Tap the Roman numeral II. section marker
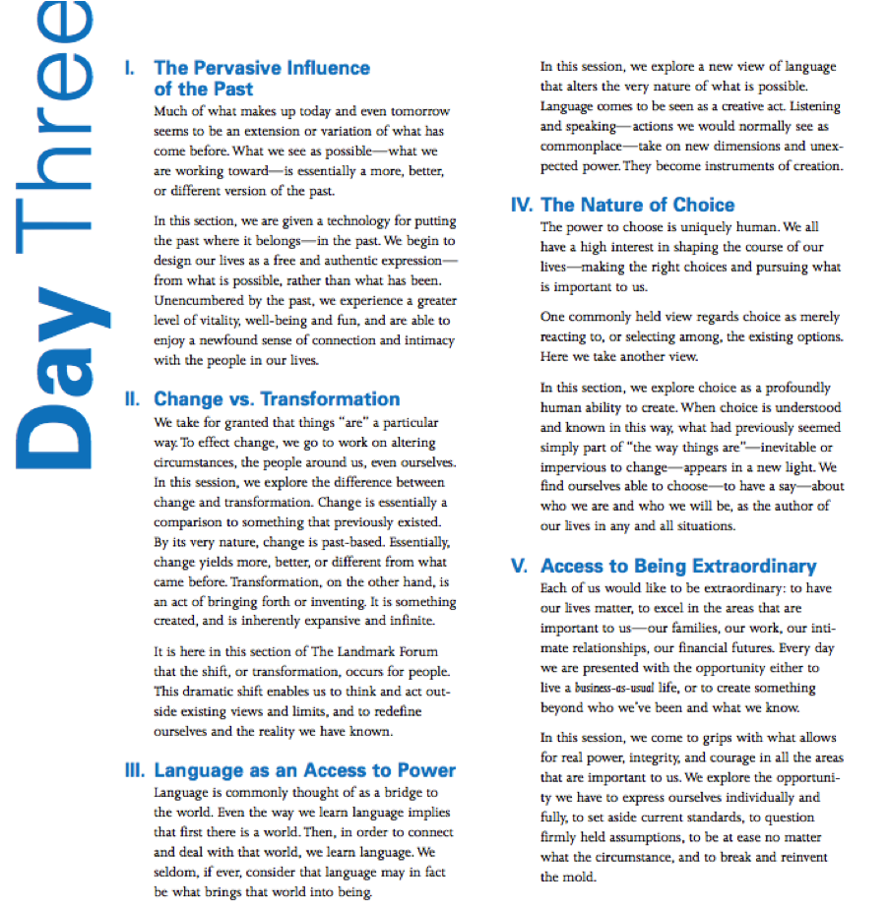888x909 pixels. click(132, 399)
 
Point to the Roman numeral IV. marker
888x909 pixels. click(522, 206)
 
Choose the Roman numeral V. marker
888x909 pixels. click(519, 567)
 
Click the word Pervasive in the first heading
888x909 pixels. click(232, 69)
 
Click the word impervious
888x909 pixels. click(574, 467)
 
